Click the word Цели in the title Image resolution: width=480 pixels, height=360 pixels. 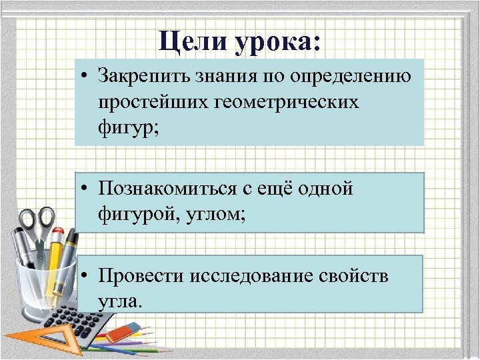pos(193,42)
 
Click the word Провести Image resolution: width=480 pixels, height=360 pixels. pos(139,275)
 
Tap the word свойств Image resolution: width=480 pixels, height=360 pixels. pos(360,275)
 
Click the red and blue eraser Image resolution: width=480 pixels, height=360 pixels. pos(124,331)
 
